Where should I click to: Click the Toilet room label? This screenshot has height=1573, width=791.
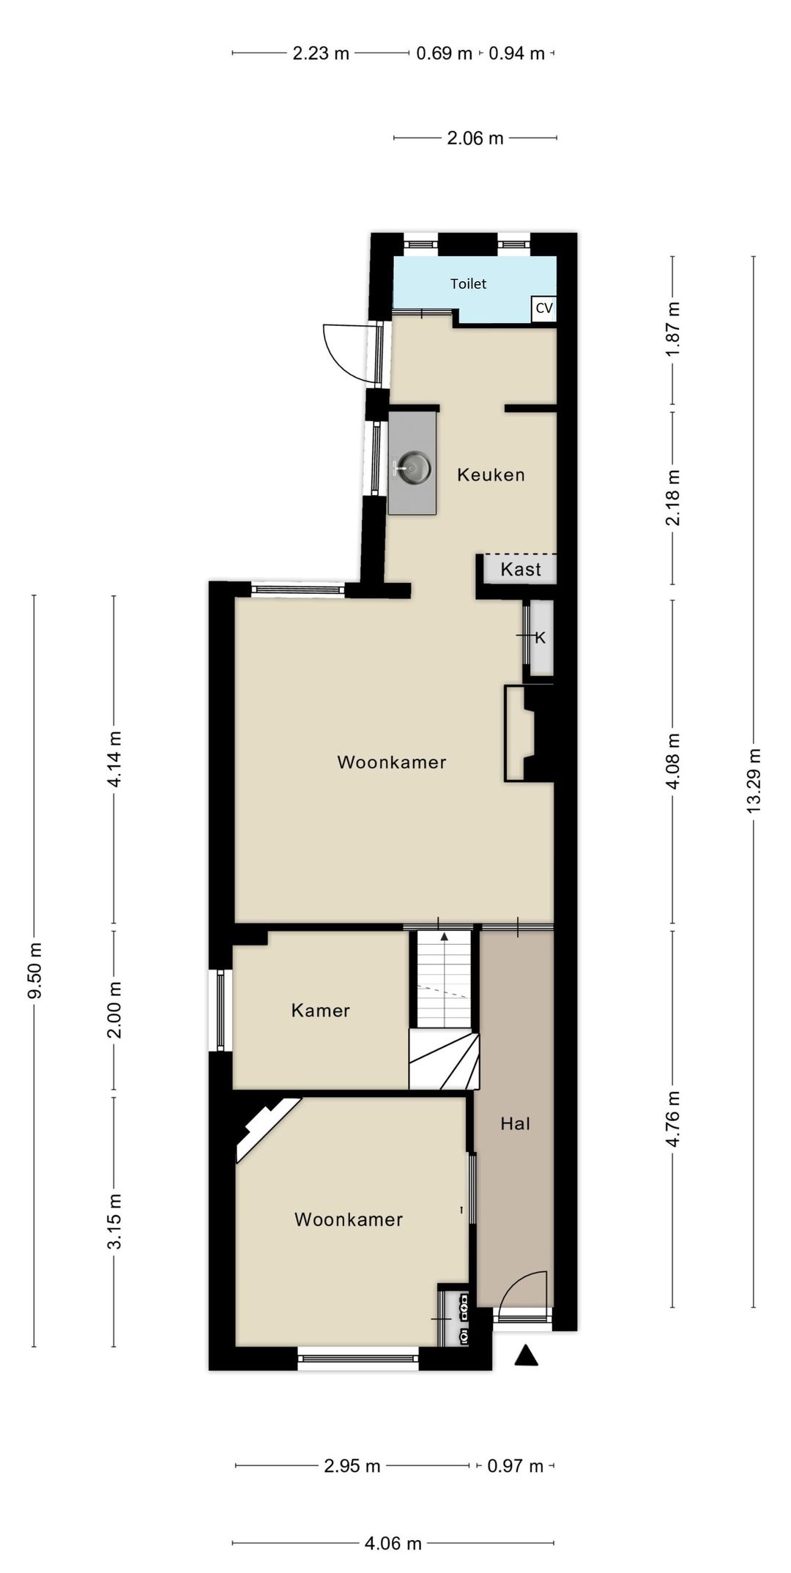point(468,283)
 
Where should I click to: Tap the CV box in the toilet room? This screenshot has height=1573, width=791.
point(543,308)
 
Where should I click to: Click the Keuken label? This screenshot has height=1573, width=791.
point(491,475)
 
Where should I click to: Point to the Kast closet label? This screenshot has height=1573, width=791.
point(521,569)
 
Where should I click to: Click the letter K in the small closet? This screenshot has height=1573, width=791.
point(541,638)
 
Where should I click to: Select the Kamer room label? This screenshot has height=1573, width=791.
point(320,1011)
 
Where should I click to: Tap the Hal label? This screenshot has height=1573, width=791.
point(515,1123)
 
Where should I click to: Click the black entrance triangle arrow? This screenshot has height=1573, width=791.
point(526,1356)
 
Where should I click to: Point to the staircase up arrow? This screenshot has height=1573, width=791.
point(444,937)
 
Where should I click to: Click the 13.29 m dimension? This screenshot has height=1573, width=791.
point(754,780)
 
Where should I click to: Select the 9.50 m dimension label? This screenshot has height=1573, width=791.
point(34,970)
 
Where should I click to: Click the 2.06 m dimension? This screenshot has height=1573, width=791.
point(475,138)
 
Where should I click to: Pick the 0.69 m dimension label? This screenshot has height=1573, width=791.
point(444,53)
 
